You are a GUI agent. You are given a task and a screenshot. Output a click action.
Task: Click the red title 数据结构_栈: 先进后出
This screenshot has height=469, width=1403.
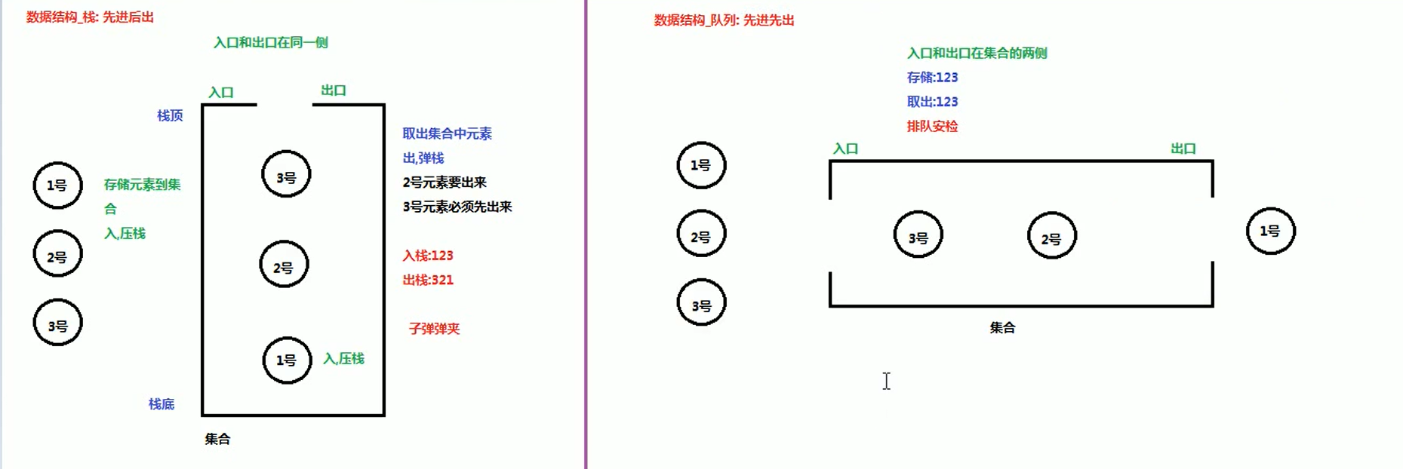coord(90,17)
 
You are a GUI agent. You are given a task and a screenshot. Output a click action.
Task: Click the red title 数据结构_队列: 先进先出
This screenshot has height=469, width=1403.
coord(724,20)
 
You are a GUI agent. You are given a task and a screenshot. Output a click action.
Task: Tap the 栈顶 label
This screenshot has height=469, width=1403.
coord(170,115)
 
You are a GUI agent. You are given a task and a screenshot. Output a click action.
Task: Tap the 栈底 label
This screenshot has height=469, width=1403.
coord(162,404)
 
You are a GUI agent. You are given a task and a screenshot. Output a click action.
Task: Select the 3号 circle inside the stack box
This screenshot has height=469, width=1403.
coord(286,175)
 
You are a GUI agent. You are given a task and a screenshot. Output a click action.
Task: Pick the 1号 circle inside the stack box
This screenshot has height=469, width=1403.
coord(287,360)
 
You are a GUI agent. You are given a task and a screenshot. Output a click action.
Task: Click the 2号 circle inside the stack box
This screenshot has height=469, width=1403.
coord(284,265)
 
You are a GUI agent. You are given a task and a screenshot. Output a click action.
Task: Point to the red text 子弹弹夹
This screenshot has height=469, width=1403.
coord(434,329)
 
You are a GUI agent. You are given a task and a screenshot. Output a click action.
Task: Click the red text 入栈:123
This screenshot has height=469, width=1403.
coord(428,256)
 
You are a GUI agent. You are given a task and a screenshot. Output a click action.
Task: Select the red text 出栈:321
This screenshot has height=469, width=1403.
coord(428,280)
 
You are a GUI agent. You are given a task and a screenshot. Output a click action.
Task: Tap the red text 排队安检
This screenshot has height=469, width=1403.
coord(932,127)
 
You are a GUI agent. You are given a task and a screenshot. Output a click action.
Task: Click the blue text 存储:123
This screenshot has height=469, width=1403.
coord(932,78)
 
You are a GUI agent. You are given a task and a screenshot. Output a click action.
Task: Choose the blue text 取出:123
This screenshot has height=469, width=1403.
coord(932,102)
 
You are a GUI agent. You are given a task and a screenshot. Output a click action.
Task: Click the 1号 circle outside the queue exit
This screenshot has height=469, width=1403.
coord(1270,231)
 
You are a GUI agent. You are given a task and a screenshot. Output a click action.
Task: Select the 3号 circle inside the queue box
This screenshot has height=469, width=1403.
coord(918,235)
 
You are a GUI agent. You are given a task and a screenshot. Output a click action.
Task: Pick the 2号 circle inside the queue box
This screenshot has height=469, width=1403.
coord(1051,236)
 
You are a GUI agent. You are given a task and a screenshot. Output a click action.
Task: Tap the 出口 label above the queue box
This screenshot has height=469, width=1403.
coord(1183,149)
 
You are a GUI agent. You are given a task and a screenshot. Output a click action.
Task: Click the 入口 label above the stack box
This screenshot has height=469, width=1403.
coord(221,93)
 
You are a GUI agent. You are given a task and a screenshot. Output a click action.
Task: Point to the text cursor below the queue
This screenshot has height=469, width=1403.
coord(887,381)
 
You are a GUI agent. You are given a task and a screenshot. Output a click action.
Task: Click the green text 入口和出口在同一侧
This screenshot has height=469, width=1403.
coord(270,43)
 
